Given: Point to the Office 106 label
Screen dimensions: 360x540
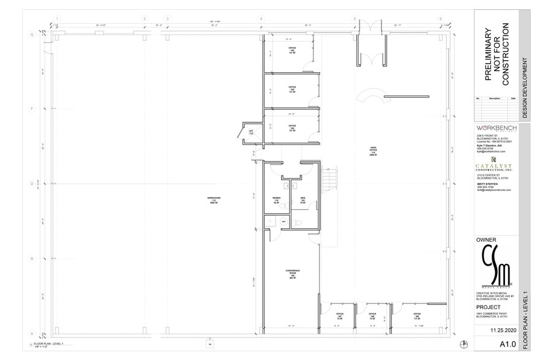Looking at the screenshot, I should [292, 50].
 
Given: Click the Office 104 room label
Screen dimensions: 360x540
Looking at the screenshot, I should [292, 128].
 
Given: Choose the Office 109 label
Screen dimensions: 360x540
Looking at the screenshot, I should [417, 317].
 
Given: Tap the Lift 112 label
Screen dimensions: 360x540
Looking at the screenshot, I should [251, 132].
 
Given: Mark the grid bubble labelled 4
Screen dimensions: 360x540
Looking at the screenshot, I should [261, 19].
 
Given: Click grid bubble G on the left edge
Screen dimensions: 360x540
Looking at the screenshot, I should [32, 34].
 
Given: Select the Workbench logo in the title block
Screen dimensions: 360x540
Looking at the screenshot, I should [496, 128].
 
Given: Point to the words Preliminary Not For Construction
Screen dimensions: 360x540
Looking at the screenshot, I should [496, 55].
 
